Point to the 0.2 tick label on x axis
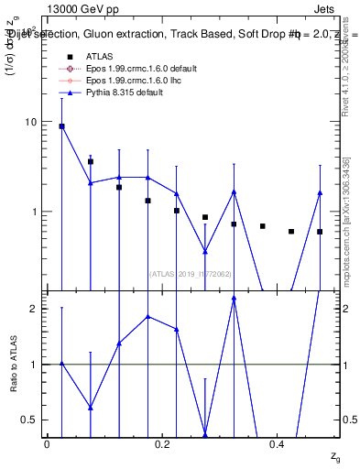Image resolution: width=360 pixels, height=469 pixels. coord(163,444)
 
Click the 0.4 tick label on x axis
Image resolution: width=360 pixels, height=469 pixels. coord(278,444)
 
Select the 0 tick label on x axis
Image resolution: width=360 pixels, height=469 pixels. coord(48,444)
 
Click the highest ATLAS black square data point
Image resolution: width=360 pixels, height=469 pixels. coord(61,126)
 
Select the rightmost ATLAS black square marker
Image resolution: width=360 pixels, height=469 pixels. coord(320,232)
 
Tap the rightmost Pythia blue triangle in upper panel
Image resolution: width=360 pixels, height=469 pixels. coord(320,192)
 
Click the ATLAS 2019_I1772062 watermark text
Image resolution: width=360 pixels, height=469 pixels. coord(191,273)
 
